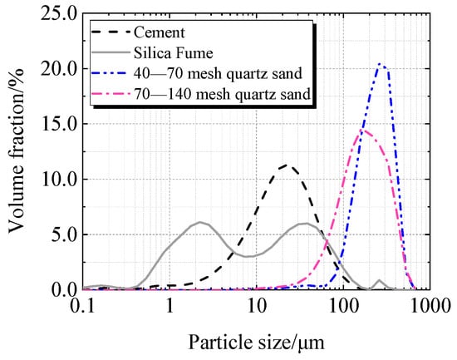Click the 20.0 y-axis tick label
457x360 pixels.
click(58, 69)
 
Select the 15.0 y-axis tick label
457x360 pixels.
click(58, 124)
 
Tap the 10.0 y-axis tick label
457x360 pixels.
click(58, 179)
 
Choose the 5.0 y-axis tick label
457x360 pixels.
click(62, 234)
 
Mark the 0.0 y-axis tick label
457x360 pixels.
click(62, 289)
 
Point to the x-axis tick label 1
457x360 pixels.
click(170, 306)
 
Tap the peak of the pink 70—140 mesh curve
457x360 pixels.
click(363, 130)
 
